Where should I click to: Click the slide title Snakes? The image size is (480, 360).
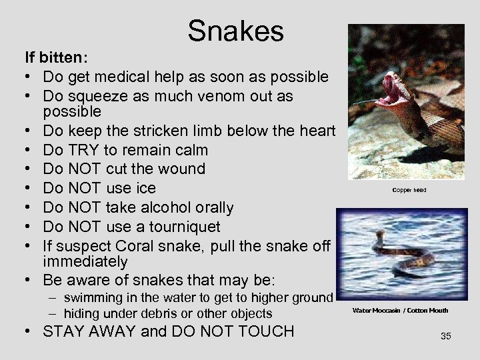coord(235,31)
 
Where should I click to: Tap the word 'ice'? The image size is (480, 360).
coord(146,189)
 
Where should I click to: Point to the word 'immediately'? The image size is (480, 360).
coord(85,261)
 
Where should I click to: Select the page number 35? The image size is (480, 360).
coord(445,336)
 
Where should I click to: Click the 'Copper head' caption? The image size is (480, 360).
coord(409,190)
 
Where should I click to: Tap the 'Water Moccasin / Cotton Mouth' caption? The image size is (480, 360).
coord(400,310)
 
